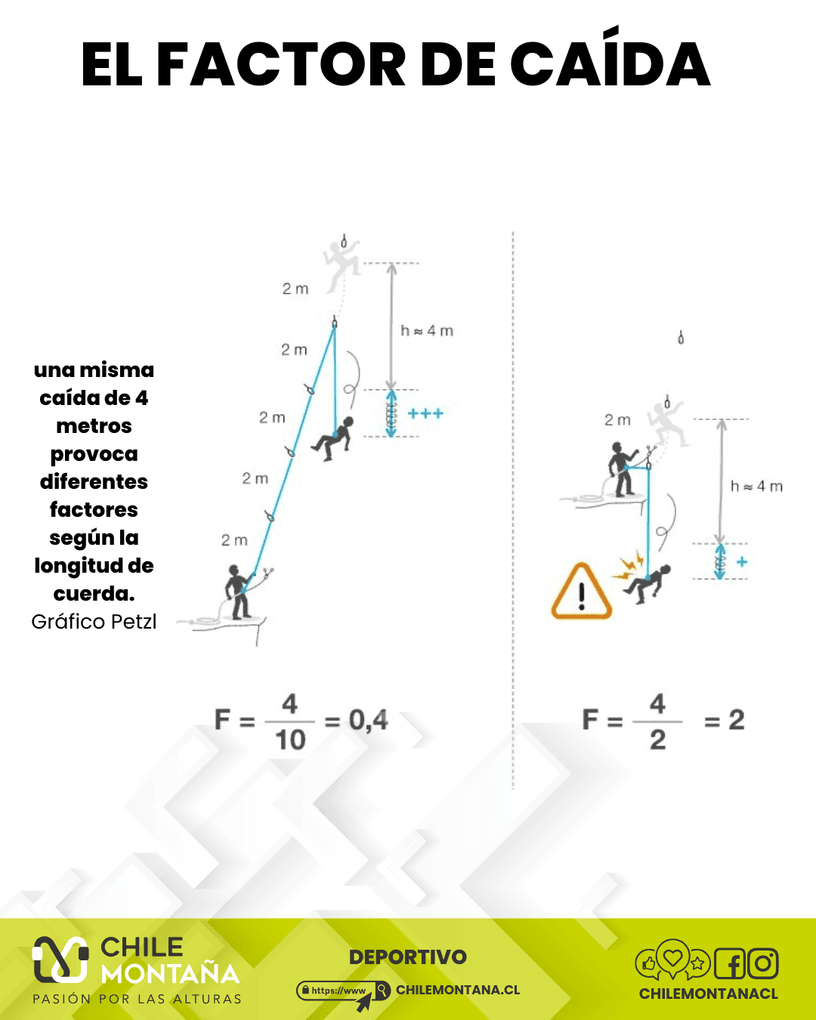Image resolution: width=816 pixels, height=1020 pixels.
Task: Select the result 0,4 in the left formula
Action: (369, 721)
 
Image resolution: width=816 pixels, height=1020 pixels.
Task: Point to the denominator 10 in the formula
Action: (290, 740)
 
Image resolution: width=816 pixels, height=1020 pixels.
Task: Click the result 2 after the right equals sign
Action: (737, 721)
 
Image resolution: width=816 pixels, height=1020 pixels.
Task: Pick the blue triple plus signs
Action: (425, 414)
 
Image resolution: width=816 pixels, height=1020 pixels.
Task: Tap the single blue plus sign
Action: (742, 562)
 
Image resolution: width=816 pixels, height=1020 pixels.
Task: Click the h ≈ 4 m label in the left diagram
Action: (427, 330)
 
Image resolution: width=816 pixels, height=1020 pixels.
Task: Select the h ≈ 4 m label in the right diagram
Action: (756, 486)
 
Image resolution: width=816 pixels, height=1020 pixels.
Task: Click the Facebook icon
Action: (730, 963)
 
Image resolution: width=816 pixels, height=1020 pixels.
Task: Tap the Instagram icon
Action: (763, 963)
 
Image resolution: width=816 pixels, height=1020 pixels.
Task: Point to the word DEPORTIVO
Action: (408, 957)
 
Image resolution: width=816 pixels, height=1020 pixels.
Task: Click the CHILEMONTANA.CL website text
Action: (458, 990)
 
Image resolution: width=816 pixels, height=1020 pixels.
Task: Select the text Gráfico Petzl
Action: (94, 621)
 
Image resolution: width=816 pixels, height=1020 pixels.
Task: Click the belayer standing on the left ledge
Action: (239, 592)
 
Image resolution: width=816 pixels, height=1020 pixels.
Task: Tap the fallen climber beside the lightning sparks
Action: (647, 584)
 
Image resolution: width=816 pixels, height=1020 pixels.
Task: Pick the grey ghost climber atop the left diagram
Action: (342, 265)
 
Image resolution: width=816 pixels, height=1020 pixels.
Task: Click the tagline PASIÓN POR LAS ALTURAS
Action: (137, 999)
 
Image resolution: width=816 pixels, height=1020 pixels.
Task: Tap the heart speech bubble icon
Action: (672, 957)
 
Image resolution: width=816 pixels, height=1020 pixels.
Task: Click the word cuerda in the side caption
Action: (94, 593)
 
